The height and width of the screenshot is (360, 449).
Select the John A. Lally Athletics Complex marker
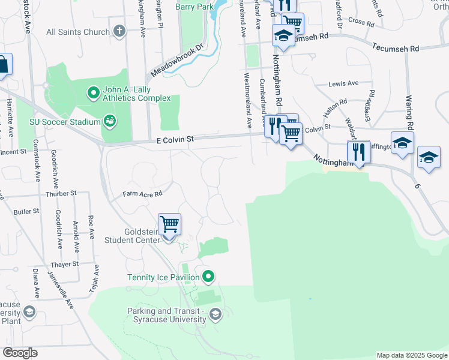(93, 93)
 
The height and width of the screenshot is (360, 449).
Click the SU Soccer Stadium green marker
(109, 122)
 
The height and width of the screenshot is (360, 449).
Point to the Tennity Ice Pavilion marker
(208, 277)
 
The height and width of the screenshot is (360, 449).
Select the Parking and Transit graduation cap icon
(215, 314)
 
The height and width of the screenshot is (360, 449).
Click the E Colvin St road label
(175, 139)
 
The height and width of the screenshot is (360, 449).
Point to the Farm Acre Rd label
(143, 194)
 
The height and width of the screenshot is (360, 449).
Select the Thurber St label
(62, 194)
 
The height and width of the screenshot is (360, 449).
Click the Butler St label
(26, 211)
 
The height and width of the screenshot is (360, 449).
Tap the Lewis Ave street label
(343, 83)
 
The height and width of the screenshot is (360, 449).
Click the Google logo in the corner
(20, 353)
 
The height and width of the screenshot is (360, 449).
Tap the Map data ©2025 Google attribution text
(412, 355)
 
